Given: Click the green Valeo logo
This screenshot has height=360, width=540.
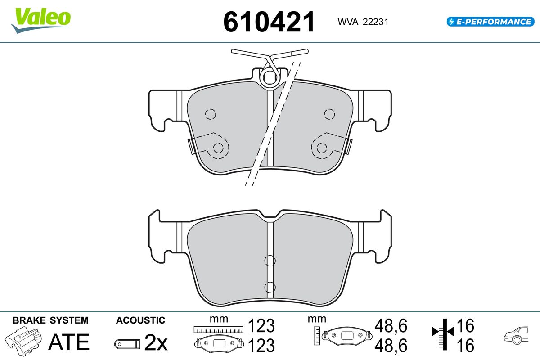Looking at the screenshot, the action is pyautogui.click(x=41, y=20).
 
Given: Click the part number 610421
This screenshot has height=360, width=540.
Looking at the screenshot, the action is pyautogui.click(x=269, y=22).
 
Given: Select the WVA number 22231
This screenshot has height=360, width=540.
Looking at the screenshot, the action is pyautogui.click(x=376, y=22).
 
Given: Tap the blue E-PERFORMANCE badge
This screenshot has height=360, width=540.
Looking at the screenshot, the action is pyautogui.click(x=490, y=22).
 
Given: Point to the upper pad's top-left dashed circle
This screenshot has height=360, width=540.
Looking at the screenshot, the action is pyautogui.click(x=211, y=114).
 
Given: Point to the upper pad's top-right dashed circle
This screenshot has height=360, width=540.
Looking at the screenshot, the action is pyautogui.click(x=329, y=114).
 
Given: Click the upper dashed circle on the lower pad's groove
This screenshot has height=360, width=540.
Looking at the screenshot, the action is pyautogui.click(x=270, y=261).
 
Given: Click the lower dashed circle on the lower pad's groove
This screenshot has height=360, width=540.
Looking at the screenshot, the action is pyautogui.click(x=270, y=287).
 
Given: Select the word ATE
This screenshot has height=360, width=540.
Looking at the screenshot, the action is pyautogui.click(x=69, y=342).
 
